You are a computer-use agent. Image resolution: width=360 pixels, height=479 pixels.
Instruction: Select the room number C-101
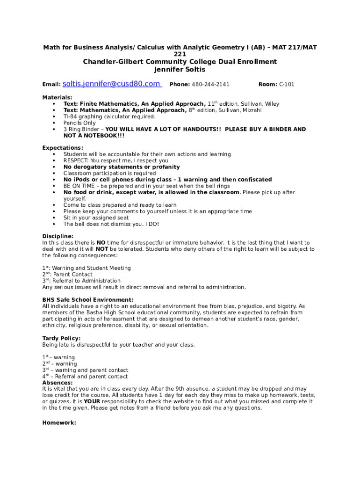[x=287, y=85]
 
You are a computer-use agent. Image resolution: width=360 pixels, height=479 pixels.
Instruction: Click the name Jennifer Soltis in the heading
[x=180, y=70]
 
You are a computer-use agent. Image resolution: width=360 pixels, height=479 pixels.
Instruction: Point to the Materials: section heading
[x=58, y=97]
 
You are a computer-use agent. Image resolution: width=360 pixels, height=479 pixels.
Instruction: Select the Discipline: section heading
[x=58, y=236]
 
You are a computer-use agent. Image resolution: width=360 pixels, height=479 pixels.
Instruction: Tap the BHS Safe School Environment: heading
[x=88, y=300]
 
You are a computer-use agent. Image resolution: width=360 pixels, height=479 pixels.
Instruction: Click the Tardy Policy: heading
[x=61, y=338]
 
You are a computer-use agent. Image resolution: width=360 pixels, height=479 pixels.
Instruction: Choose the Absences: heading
[x=58, y=383]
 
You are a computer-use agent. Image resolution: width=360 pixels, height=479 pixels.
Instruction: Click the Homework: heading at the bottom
[x=59, y=422]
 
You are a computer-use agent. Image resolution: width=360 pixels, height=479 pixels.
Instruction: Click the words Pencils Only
[x=79, y=123]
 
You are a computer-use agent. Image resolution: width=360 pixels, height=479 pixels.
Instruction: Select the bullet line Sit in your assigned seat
[x=96, y=218]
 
